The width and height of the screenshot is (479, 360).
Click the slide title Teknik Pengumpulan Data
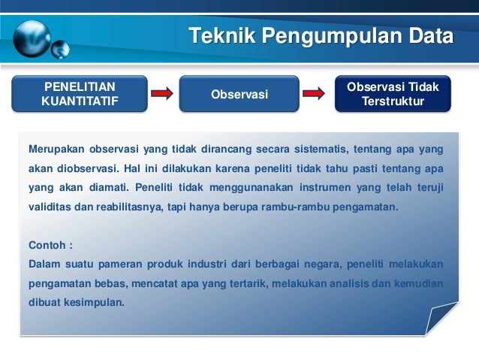(321, 36)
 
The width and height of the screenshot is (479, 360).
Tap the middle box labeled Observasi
(239, 94)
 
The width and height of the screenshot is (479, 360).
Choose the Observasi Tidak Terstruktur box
(393, 94)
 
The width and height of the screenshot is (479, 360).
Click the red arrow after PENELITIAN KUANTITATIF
(161, 94)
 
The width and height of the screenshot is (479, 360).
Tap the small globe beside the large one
(61, 50)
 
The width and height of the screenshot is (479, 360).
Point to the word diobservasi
(87, 168)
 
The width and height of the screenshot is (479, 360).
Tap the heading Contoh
(50, 246)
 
